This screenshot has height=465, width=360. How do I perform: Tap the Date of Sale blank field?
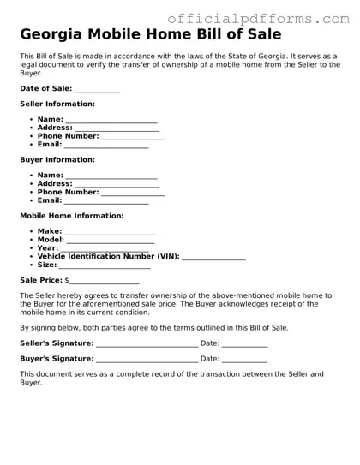click(97, 90)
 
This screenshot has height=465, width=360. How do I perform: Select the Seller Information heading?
click(57, 104)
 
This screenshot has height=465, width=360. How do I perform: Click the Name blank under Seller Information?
click(111, 121)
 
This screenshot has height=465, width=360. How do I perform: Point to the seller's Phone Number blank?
click(133, 137)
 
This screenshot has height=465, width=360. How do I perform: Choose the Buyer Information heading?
click(57, 159)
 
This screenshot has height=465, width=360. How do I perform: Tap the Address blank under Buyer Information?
click(117, 184)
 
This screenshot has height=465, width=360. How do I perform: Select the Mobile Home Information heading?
click(71, 216)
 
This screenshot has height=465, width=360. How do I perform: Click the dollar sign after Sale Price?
click(67, 280)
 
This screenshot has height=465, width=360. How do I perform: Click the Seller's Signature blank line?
click(147, 344)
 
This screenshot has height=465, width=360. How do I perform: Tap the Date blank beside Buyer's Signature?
click(244, 360)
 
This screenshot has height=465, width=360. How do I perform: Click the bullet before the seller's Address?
click(32, 128)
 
